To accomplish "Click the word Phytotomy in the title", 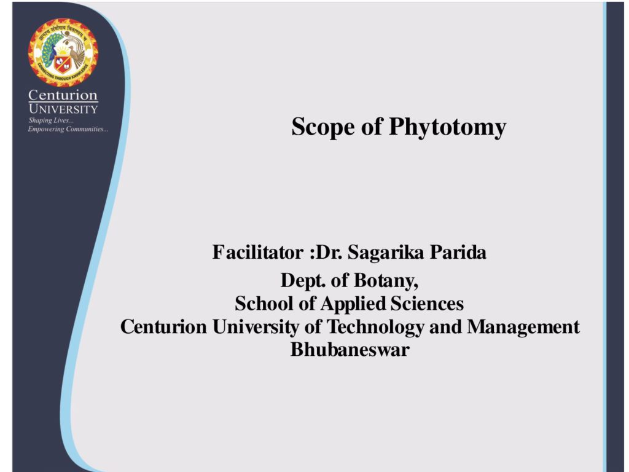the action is [x=447, y=128].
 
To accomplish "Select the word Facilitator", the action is [x=258, y=252].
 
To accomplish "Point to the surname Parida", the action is [x=458, y=252].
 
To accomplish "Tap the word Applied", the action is [x=353, y=304].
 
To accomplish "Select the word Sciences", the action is [x=428, y=304].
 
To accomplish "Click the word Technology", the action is [x=375, y=327].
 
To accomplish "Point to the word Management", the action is [x=523, y=327].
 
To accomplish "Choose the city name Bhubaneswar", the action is [x=350, y=350].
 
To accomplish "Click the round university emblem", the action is [x=63, y=53].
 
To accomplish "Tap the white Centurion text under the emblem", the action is [x=63, y=95].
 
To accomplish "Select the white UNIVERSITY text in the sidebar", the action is [x=63, y=109].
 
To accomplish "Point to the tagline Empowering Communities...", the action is [x=68, y=129].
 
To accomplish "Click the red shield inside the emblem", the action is [x=63, y=64].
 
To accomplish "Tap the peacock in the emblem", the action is [x=49, y=50].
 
